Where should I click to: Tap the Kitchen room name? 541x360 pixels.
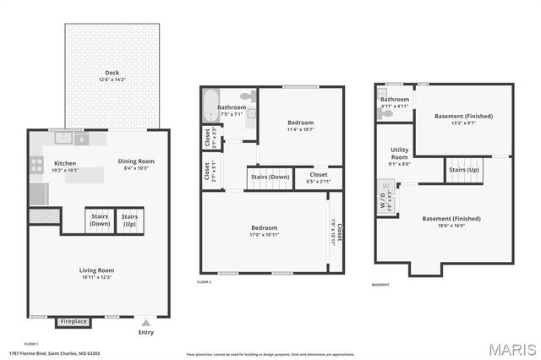click(65, 163)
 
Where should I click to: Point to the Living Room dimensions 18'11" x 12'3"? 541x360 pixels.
click(97, 277)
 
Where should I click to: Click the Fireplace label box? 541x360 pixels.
click(74, 322)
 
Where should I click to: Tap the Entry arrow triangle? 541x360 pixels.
click(146, 322)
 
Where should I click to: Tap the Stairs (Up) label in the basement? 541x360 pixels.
click(463, 169)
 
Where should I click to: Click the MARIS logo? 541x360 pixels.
click(511, 349)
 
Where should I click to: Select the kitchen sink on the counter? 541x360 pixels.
click(63, 138)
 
